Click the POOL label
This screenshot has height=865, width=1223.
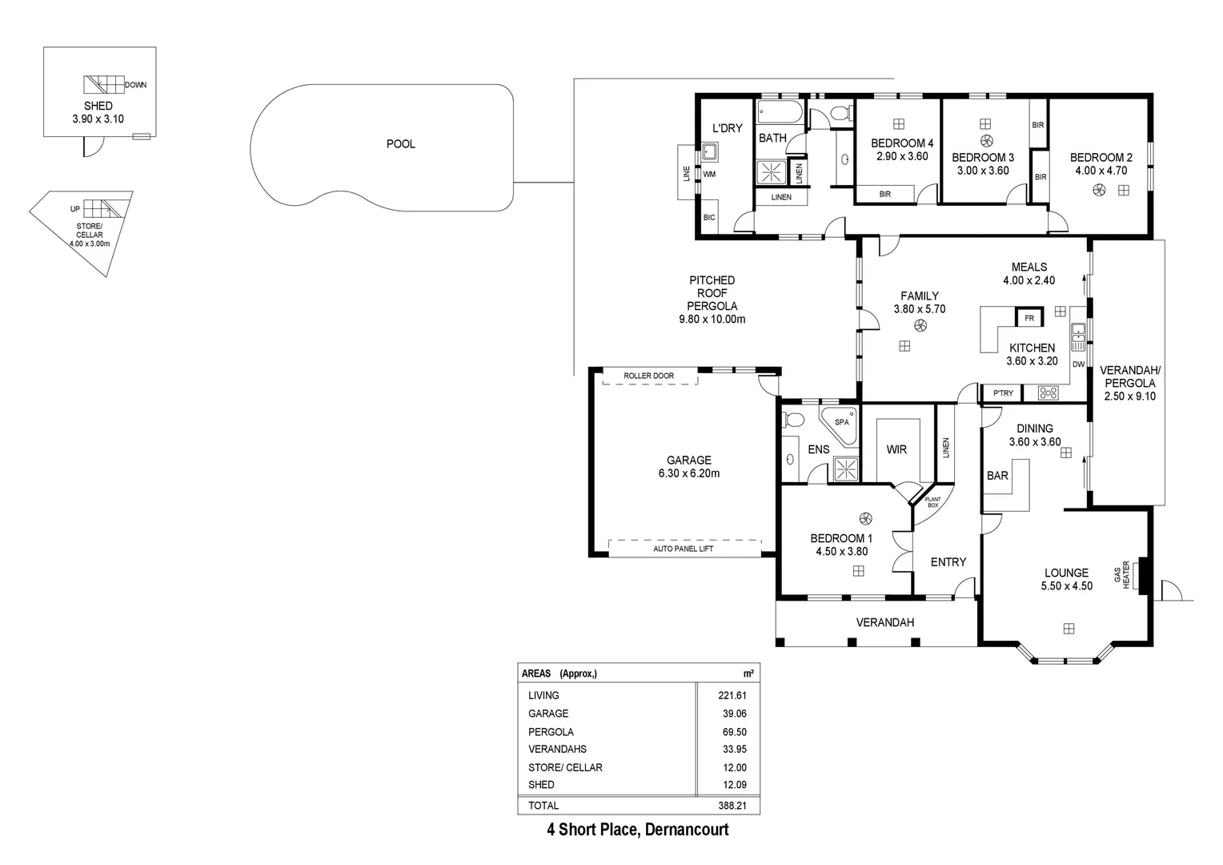click(400, 144)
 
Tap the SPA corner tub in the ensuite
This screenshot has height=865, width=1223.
click(840, 424)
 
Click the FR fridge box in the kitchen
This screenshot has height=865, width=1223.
click(1029, 318)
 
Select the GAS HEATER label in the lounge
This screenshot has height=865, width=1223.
click(1121, 573)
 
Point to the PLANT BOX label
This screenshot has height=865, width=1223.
click(932, 502)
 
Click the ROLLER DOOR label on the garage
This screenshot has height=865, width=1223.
click(648, 376)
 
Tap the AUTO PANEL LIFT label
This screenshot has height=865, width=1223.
click(683, 549)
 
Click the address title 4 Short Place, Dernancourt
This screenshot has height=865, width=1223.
click(637, 830)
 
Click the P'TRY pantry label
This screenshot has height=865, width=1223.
click(1002, 393)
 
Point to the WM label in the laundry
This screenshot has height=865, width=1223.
click(709, 174)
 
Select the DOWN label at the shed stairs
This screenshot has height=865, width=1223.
click(135, 85)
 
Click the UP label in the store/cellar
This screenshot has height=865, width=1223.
click(75, 209)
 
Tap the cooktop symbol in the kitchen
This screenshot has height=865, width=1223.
click(1048, 392)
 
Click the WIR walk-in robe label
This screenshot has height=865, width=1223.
click(896, 449)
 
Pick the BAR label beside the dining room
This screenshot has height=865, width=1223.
click(997, 476)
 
